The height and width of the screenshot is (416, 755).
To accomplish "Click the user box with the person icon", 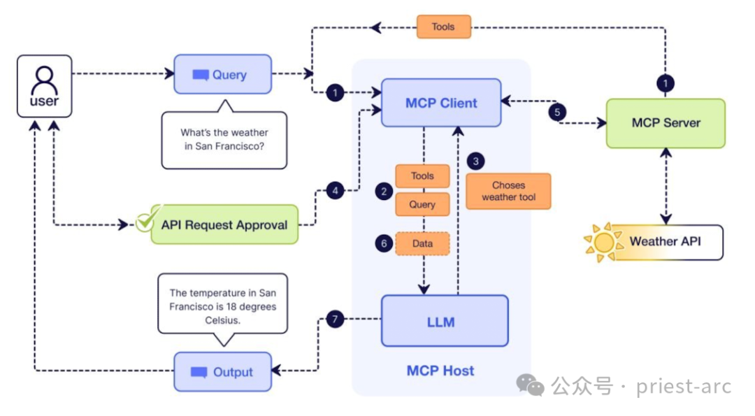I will (45, 86).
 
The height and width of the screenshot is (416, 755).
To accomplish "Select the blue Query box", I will (222, 74).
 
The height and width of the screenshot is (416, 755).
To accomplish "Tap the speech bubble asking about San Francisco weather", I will (224, 139).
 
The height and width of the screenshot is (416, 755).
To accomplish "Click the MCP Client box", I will (441, 103).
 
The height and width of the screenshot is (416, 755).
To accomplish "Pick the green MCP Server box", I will (666, 123).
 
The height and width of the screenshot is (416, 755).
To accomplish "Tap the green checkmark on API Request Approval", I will (147, 220).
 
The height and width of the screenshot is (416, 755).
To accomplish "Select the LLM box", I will (444, 322).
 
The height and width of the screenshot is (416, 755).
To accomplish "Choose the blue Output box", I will (222, 372).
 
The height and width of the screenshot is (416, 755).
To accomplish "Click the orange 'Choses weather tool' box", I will (508, 191).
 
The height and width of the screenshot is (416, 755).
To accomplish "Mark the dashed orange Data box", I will (422, 243).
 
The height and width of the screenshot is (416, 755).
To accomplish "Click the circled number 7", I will (335, 320).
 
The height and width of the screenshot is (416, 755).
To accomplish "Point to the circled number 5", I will (556, 112).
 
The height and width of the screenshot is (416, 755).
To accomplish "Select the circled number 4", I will (336, 190).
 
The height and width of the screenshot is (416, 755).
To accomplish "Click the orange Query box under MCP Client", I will (422, 205).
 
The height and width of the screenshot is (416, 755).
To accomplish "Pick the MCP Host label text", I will (440, 371).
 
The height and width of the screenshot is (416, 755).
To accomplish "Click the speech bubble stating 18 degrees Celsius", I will (222, 306).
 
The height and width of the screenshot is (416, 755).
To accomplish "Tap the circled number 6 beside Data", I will (383, 243).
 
